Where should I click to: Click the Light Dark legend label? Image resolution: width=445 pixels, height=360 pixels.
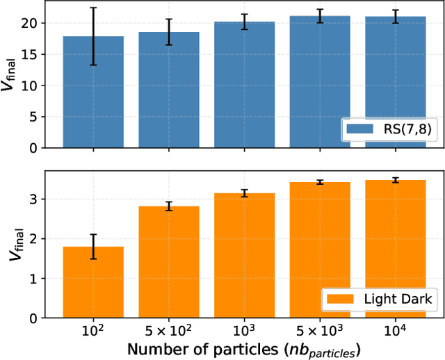398,300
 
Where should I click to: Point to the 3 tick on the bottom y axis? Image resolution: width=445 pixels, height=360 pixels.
41,199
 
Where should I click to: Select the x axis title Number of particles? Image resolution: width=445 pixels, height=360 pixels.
243,347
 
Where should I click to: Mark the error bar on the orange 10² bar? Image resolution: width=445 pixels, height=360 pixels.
93,247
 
